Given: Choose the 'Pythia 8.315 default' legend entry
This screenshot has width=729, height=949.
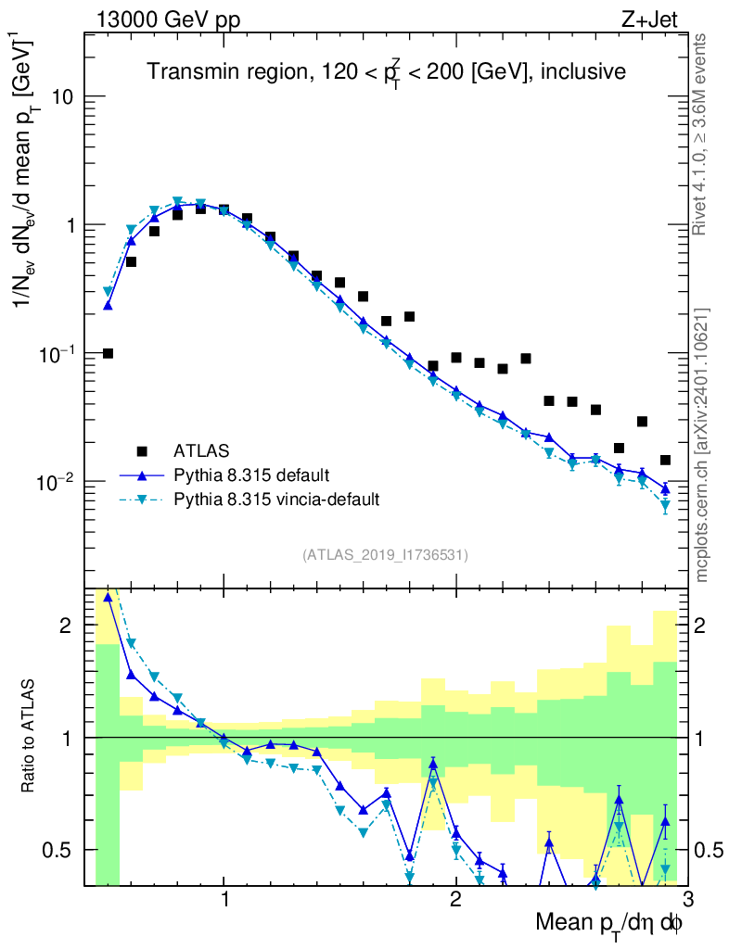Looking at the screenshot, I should pyautogui.click(x=250, y=475).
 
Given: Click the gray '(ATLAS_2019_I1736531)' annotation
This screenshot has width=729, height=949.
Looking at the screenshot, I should pyautogui.click(x=385, y=555).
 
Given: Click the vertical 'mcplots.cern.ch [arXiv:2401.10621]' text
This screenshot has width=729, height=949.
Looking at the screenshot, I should pyautogui.click(x=702, y=445).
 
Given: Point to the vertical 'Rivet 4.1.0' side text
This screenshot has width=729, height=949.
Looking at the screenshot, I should pyautogui.click(x=702, y=134).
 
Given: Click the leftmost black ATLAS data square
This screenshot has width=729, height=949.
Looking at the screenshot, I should pyautogui.click(x=108, y=353).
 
